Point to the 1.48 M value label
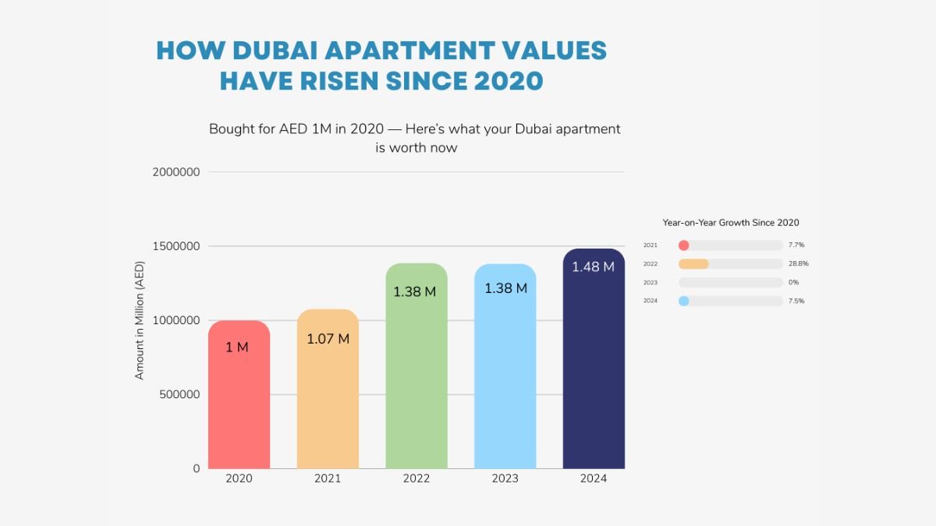point(593,267)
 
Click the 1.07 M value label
point(328,339)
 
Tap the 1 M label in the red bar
point(237,348)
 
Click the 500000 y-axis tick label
point(179,394)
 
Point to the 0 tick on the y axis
point(196,468)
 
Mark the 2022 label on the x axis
point(417,478)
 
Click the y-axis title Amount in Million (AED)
point(140,320)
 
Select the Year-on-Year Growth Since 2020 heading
point(731,223)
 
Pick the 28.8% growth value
point(798,263)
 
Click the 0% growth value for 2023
point(793,282)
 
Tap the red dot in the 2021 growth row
point(684,245)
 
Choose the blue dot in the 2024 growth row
point(684,301)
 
